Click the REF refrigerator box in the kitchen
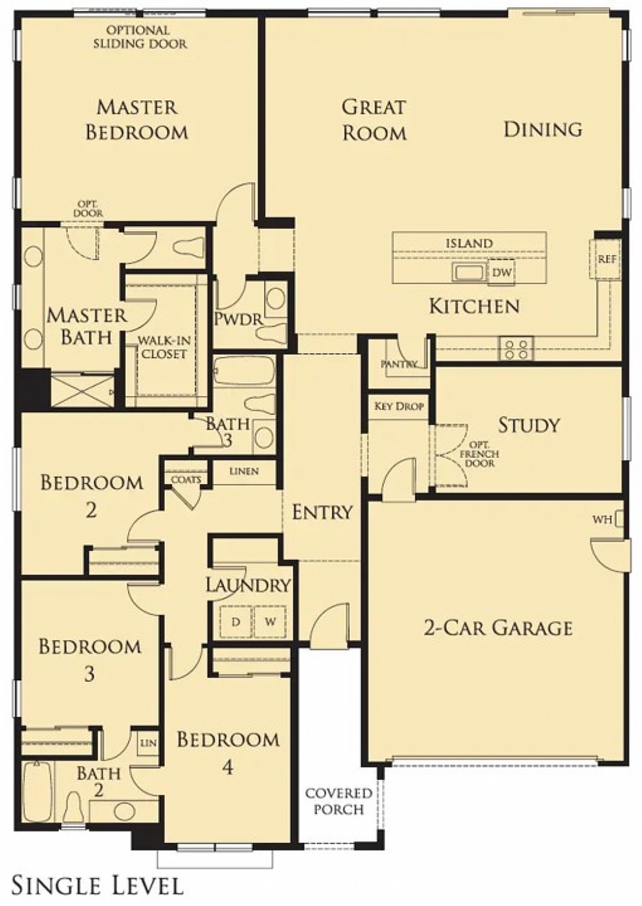[x=607, y=259]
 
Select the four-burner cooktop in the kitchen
[x=517, y=349]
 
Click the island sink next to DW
[x=469, y=273]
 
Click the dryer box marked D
[x=236, y=621]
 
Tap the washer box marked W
[x=270, y=621]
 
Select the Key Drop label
[x=399, y=406]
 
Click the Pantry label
[x=399, y=364]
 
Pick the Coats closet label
[x=186, y=479]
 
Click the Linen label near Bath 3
[x=244, y=471]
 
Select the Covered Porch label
[x=338, y=802]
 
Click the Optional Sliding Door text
[x=139, y=37]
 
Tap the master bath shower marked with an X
[x=82, y=389]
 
